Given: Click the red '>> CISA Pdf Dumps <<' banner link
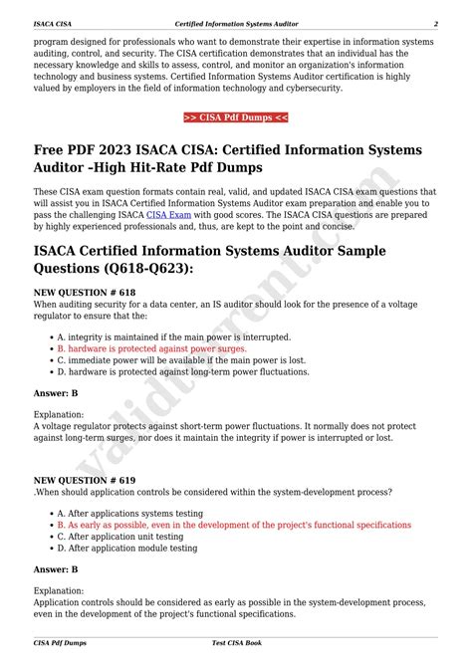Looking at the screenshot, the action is (x=236, y=117).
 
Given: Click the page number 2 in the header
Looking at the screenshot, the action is (x=435, y=23).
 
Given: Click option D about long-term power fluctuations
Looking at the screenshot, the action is (x=183, y=373).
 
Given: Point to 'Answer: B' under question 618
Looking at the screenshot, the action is (x=56, y=394).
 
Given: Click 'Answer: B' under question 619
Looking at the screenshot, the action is (x=56, y=569).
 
